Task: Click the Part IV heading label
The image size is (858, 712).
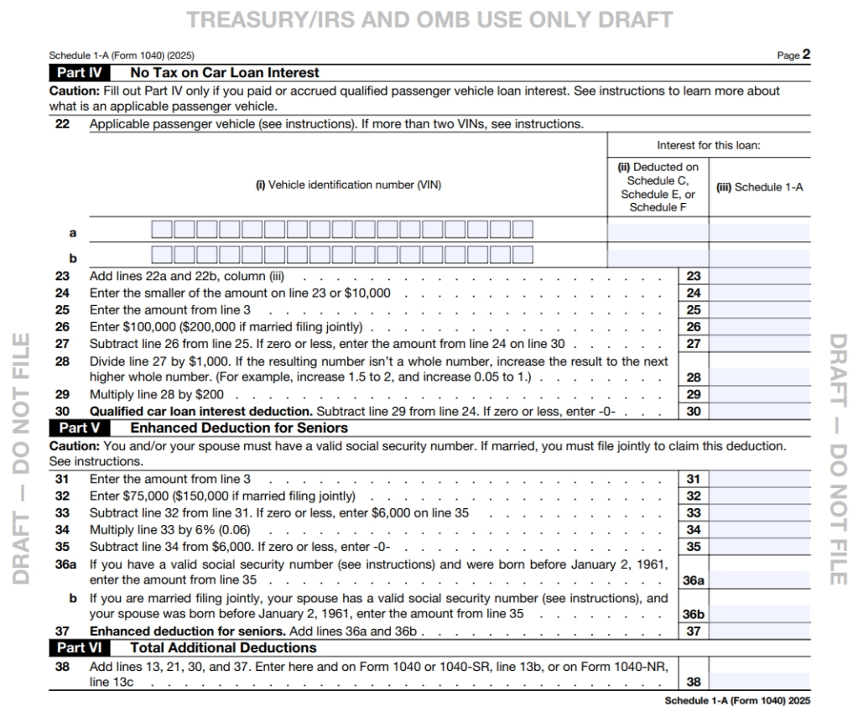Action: tap(81, 73)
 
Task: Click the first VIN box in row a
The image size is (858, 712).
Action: tap(162, 229)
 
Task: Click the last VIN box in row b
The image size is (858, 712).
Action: tap(523, 255)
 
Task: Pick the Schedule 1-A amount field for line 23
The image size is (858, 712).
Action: tap(759, 276)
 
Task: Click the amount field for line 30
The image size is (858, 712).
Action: tap(759, 412)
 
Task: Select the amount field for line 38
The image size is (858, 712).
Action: tap(759, 683)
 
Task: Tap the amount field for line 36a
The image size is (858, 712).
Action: tap(759, 579)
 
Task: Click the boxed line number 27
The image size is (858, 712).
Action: tap(693, 344)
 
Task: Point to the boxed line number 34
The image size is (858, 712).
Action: tap(693, 530)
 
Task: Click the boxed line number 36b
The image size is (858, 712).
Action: tap(693, 614)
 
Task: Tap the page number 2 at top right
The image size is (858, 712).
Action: tap(806, 55)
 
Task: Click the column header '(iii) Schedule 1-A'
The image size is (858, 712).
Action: tap(759, 187)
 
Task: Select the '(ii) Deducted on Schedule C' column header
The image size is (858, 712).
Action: tap(658, 187)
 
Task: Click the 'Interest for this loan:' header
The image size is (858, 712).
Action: tap(709, 145)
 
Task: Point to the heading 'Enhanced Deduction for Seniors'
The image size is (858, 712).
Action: tap(239, 428)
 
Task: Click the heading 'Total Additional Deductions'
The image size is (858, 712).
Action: tap(223, 647)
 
